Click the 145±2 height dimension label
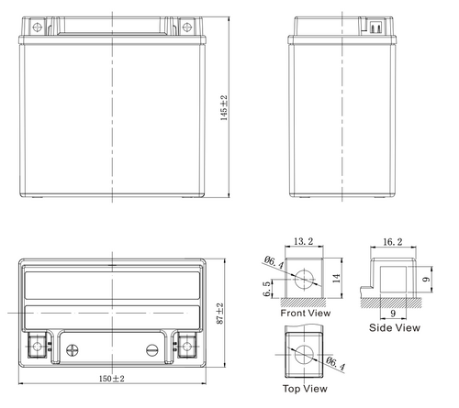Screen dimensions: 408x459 [225, 109]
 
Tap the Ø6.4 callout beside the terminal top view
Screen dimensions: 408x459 [336, 363]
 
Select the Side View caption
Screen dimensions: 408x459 [395, 326]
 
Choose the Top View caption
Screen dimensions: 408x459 [303, 390]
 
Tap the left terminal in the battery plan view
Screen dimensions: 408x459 [38, 347]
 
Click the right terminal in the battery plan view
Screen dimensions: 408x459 [186, 347]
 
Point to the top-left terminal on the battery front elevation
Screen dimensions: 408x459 [37, 28]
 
